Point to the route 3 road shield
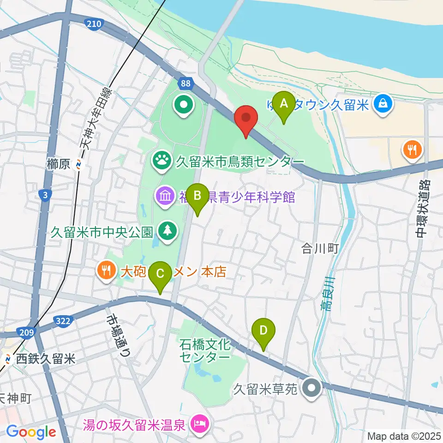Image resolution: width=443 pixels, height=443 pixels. point(44,196)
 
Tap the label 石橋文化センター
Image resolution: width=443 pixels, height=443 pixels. point(205,350)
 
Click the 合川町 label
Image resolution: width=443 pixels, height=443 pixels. point(320,249)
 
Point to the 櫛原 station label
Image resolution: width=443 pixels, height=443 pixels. point(58,163)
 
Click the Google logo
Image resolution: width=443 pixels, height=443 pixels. point(31,432)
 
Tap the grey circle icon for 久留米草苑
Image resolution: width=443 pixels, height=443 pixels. point(312,388)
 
